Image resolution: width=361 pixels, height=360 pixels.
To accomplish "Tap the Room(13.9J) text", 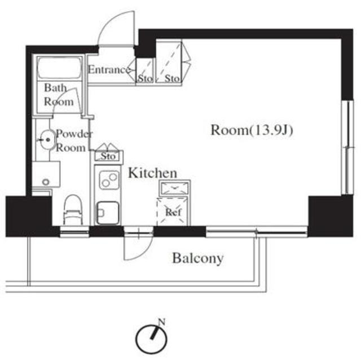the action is click(x=252, y=130).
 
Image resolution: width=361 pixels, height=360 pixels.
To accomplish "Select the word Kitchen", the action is click(x=152, y=173).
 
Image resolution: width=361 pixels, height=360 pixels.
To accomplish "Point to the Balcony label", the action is click(x=198, y=258).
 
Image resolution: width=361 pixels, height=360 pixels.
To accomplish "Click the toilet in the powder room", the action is click(x=73, y=210).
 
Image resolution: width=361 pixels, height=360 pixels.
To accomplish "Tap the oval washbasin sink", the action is click(x=47, y=139).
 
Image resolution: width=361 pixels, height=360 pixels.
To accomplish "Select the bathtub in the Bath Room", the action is click(x=59, y=68).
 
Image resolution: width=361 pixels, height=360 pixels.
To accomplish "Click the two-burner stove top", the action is click(x=109, y=180).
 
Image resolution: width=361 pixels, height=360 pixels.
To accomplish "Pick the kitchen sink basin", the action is click(x=108, y=213).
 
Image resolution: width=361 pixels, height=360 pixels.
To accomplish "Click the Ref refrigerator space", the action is click(x=173, y=212).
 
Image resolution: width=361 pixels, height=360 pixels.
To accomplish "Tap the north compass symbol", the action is click(x=151, y=338).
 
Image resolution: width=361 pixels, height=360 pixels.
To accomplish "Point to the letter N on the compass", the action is click(x=162, y=322).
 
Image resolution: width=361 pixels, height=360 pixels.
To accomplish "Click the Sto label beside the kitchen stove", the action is click(x=108, y=156).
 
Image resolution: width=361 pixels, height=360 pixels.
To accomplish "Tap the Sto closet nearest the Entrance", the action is click(x=144, y=71).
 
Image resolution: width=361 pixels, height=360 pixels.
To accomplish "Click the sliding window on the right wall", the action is click(x=347, y=147).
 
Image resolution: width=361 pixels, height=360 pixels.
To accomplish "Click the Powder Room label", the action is click(x=74, y=141).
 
